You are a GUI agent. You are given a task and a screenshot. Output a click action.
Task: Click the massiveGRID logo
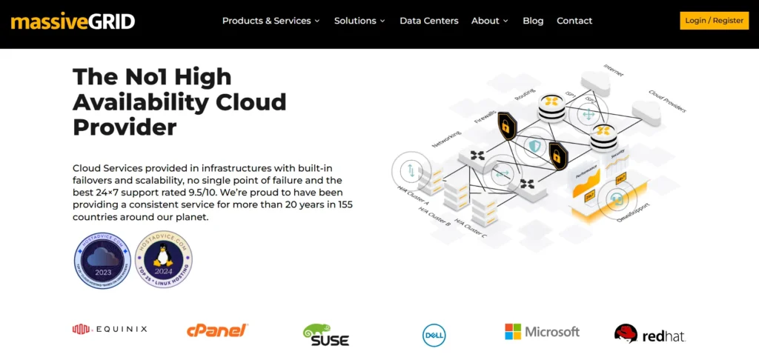click(x=73, y=21)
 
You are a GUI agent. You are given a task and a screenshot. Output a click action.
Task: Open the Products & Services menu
click(x=271, y=21)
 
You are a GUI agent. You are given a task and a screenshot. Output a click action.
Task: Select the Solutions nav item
click(x=359, y=21)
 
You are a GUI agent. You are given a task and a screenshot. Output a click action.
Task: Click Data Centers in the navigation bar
click(x=428, y=21)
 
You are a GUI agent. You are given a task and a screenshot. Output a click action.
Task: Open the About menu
click(x=489, y=21)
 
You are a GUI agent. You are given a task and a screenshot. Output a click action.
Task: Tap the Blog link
click(x=533, y=21)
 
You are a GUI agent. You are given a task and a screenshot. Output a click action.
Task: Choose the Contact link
click(x=574, y=21)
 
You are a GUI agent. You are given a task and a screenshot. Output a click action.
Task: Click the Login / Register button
click(x=714, y=21)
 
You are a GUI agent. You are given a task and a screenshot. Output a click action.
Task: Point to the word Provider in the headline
click(x=125, y=127)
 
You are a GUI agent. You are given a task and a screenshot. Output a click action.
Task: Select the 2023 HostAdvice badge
click(x=102, y=261)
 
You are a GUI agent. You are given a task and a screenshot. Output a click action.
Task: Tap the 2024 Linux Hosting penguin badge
click(x=164, y=261)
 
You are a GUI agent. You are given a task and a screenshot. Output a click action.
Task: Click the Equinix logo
click(x=110, y=329)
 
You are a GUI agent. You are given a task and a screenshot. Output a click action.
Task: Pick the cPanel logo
click(x=217, y=330)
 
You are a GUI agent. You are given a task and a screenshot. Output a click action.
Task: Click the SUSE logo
click(x=325, y=335)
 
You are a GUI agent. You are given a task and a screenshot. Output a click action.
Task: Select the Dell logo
click(x=434, y=335)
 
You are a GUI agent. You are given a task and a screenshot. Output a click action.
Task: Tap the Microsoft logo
click(x=542, y=331)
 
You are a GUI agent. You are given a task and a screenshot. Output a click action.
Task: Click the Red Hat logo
click(x=649, y=335)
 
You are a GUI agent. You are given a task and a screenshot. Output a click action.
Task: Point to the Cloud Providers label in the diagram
click(x=667, y=102)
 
